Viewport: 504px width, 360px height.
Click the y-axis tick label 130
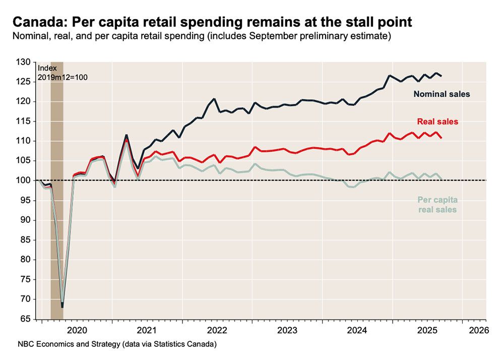tap(24, 62)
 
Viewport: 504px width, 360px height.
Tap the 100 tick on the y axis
tap(24, 181)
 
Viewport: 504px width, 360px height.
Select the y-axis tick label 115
tap(24, 121)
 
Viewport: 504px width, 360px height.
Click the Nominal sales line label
tap(442, 94)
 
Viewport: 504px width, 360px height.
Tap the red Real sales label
tap(437, 122)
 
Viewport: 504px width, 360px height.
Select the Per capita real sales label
tap(437, 205)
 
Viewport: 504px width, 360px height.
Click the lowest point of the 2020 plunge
tap(62, 306)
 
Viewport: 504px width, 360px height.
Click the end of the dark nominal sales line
tap(442, 76)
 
